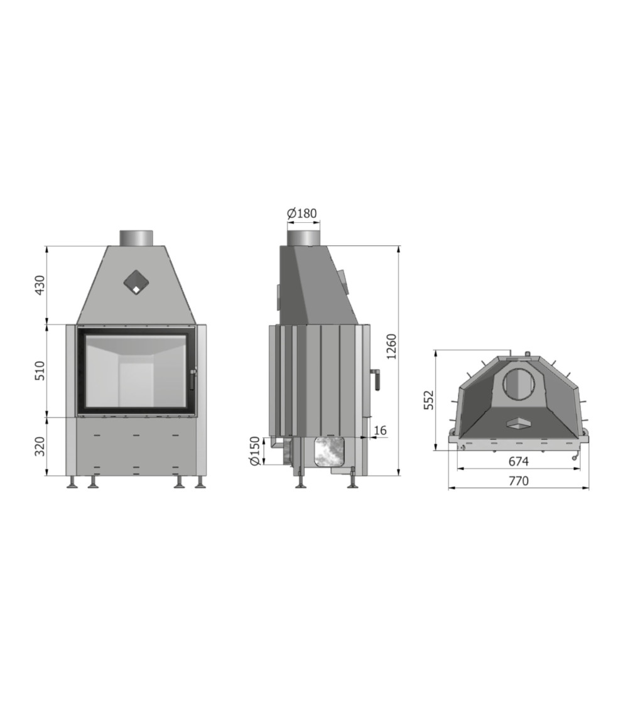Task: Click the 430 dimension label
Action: pyautogui.click(x=40, y=285)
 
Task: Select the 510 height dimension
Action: pyautogui.click(x=40, y=370)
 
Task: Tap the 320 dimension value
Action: pyautogui.click(x=40, y=446)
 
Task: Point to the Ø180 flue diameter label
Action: pyautogui.click(x=302, y=213)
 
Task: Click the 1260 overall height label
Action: pyautogui.click(x=391, y=346)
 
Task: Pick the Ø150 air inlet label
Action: pyautogui.click(x=255, y=451)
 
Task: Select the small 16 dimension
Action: pyautogui.click(x=380, y=431)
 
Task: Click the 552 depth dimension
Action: pyautogui.click(x=429, y=400)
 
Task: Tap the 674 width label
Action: pyautogui.click(x=518, y=461)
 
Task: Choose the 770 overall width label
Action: pyautogui.click(x=519, y=481)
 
